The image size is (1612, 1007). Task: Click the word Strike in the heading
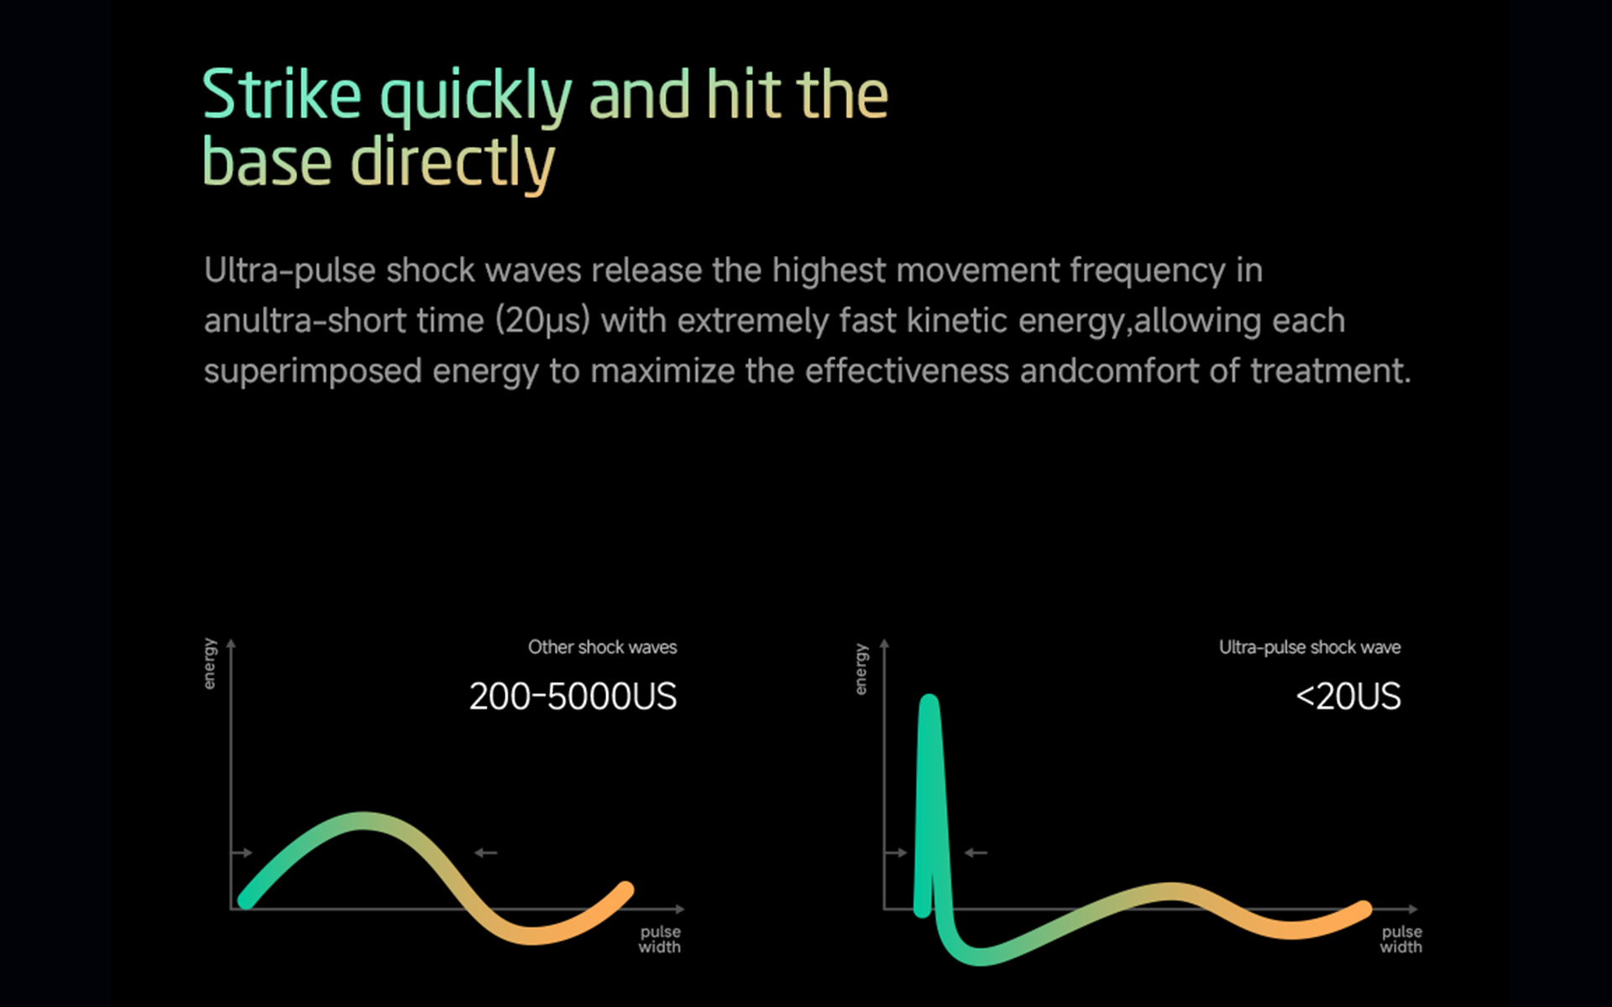point(282,94)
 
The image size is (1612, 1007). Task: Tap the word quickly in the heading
point(476,99)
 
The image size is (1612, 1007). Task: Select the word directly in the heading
point(453,164)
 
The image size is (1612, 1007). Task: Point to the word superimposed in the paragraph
point(312,372)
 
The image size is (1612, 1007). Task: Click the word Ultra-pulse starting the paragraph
point(290,271)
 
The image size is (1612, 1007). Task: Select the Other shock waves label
point(602,647)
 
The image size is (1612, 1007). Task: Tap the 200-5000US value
point(573,697)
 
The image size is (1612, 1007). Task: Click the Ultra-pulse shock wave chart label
point(1310,647)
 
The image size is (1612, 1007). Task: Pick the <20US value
point(1348,697)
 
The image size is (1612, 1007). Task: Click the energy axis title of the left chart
point(210,664)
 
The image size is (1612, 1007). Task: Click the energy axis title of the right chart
point(861,669)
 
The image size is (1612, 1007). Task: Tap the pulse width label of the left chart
point(660,939)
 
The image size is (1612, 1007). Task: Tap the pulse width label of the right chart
point(1401,939)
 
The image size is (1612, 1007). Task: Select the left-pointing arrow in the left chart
point(485,853)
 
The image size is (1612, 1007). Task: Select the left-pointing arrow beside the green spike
point(976,853)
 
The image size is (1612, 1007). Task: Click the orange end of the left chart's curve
point(625,890)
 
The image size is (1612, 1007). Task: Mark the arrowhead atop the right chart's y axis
point(884,644)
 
